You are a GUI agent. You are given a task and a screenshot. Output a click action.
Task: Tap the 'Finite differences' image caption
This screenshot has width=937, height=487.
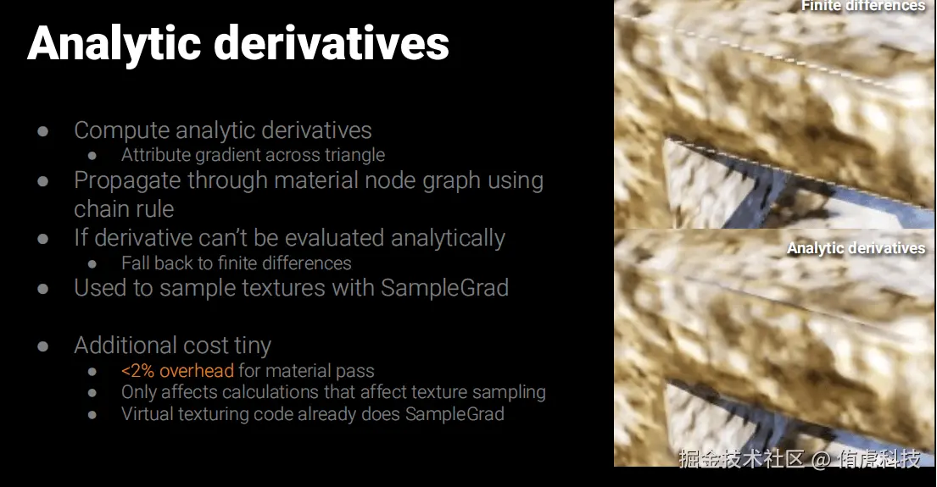(863, 6)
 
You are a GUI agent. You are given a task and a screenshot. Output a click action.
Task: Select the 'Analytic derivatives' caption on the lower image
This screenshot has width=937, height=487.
(856, 248)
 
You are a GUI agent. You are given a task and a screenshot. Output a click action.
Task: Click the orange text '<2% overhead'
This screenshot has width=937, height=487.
(177, 371)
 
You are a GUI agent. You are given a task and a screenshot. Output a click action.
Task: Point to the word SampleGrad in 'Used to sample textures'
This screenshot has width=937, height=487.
(444, 288)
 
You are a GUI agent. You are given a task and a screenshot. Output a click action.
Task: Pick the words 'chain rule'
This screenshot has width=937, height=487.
(124, 209)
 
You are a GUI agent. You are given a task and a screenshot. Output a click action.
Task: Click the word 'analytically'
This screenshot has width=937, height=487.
(448, 238)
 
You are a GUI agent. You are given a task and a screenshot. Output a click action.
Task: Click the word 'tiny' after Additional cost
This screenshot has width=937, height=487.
(253, 346)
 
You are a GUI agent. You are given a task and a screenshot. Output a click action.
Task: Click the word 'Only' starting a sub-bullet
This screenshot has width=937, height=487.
(138, 392)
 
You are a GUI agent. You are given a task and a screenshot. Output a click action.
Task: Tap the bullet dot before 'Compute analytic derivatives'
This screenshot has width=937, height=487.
(42, 130)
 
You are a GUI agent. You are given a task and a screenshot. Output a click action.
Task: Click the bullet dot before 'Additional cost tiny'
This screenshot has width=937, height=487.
(42, 346)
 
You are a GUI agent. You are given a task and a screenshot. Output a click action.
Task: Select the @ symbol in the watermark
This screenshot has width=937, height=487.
(821, 460)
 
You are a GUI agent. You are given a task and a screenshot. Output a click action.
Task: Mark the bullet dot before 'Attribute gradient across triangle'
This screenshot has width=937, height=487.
(92, 156)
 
